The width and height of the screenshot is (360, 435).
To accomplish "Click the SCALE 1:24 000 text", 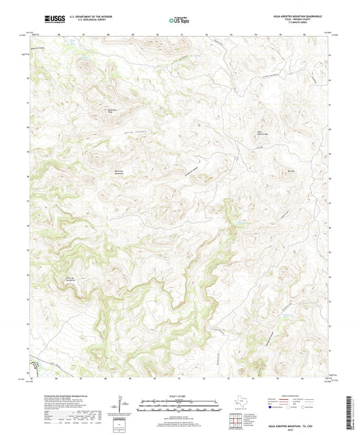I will (179, 396).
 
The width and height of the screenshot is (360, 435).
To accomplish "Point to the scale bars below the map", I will (179, 407).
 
